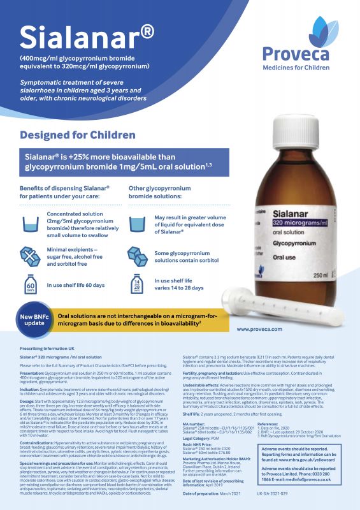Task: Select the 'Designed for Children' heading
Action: pyautogui.click(x=78, y=135)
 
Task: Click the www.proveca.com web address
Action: pyautogui.click(x=259, y=328)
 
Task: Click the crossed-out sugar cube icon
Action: pyautogui.click(x=30, y=254)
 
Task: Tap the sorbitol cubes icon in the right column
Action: pyautogui.click(x=137, y=254)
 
